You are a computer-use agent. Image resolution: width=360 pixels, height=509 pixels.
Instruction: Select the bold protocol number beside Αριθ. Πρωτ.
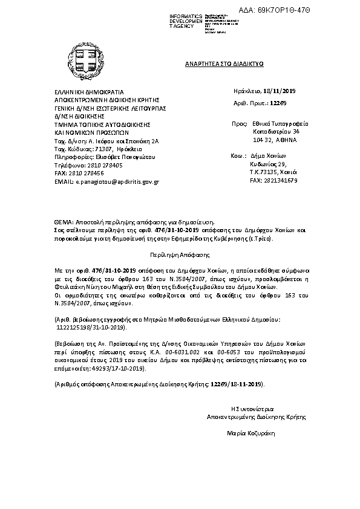pos(278,103)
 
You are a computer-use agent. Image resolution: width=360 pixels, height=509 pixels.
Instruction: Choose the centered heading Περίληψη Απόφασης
pos(179,256)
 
